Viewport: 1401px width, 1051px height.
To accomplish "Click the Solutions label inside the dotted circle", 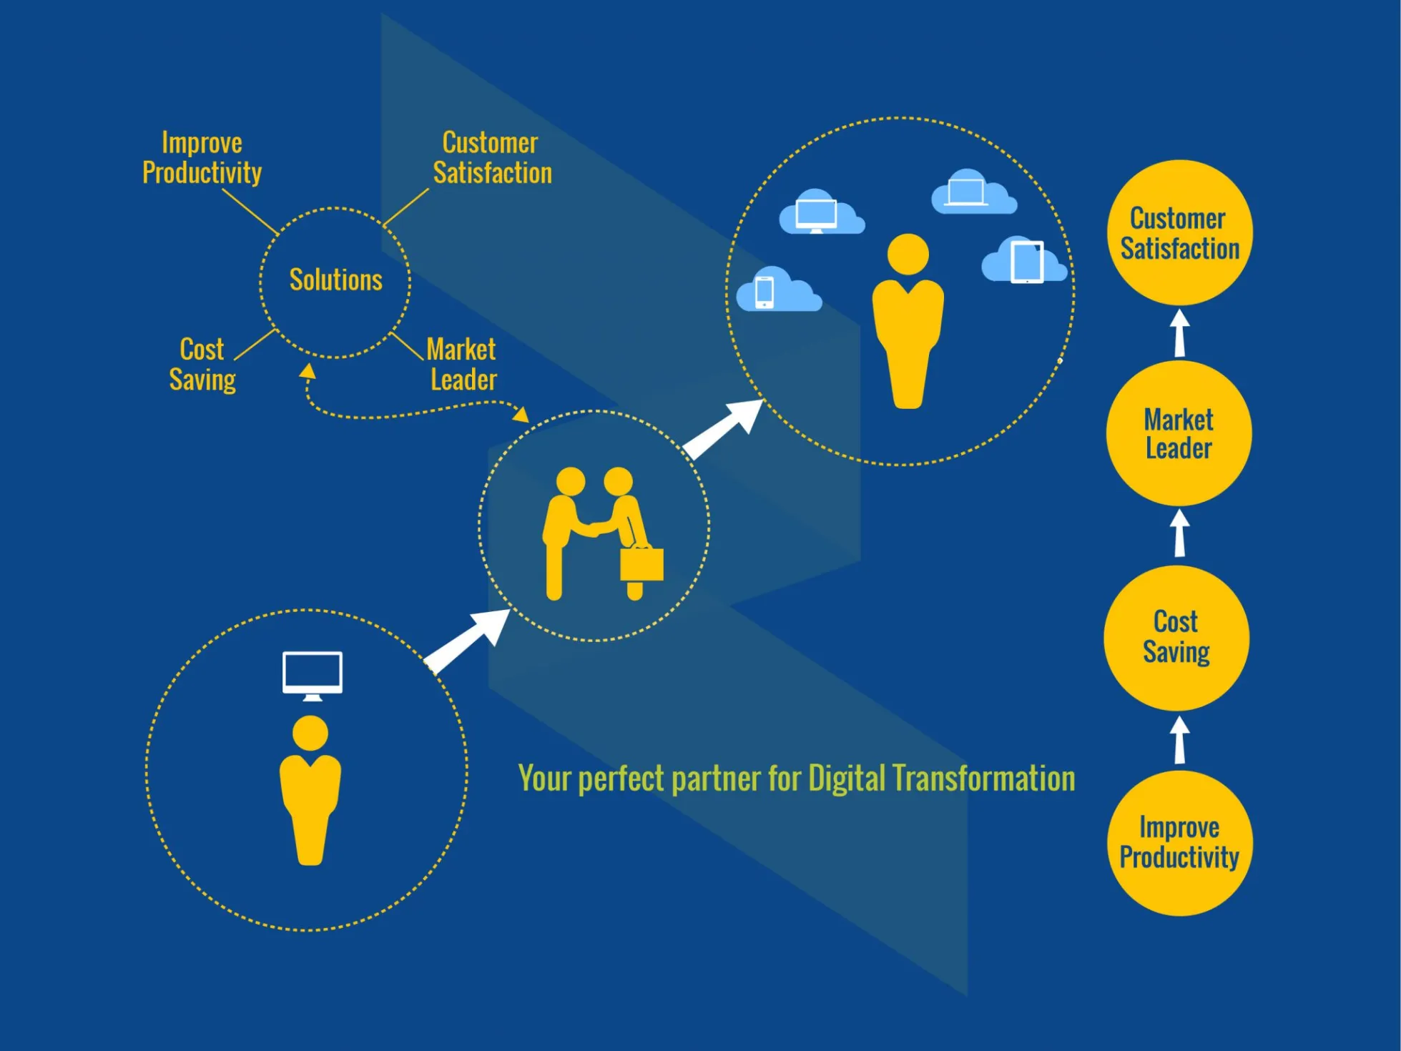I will [x=335, y=280].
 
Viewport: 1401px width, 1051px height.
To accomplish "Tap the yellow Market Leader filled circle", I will [x=1179, y=434].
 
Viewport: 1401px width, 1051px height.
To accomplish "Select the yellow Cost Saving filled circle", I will [x=1176, y=638].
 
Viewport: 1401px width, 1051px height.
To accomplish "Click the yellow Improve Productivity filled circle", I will [x=1179, y=843].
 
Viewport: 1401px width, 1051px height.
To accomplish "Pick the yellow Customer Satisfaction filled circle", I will [x=1179, y=233].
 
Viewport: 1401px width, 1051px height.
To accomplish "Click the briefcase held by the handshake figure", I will [x=641, y=563].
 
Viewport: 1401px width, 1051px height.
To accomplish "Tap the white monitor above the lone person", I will [x=313, y=673].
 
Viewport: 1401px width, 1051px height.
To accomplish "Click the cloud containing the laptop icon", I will [x=973, y=193].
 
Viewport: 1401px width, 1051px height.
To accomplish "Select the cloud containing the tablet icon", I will [x=1024, y=262].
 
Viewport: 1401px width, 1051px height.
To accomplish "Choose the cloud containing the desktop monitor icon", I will [x=820, y=213].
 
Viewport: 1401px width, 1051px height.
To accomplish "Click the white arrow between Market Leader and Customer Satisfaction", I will [x=1180, y=332].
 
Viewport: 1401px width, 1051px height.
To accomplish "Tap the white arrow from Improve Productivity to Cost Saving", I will [x=1180, y=740].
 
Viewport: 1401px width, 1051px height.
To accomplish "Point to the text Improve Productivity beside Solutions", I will [x=202, y=158].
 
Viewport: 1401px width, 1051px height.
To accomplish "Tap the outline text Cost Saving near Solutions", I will [x=202, y=365].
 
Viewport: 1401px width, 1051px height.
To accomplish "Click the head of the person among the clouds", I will [x=908, y=254].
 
